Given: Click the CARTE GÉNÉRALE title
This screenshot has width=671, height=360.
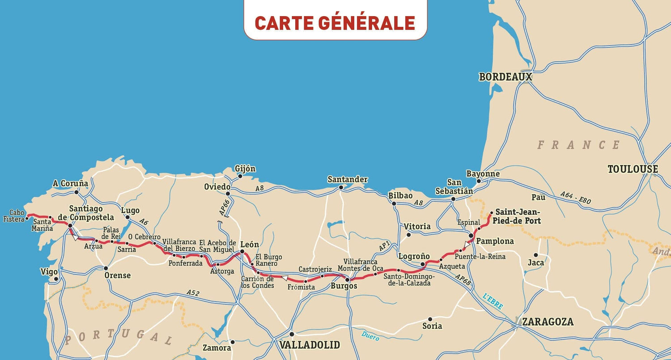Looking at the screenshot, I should point(335,23).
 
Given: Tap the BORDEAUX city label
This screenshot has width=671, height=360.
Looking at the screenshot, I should point(505,77).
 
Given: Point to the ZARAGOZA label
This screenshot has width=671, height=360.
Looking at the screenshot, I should point(548,322).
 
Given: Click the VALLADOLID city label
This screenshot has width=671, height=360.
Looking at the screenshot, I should point(310,345).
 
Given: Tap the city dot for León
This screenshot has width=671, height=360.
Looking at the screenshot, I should point(242,252).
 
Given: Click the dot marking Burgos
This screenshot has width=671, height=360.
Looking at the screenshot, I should point(347,280).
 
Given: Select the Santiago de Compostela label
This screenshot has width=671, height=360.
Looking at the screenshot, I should point(86,213).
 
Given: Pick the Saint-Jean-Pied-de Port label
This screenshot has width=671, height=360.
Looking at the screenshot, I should point(518,216).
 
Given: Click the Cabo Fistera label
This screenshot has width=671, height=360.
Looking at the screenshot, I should point(13,216).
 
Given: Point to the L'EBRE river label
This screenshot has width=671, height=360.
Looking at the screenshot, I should point(493,301).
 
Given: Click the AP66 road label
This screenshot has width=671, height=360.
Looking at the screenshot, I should point(224,208).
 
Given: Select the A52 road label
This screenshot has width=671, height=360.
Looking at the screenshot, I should point(193,293).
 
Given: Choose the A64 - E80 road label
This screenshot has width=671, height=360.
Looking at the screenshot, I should point(575,198).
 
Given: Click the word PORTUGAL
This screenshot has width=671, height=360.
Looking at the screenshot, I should point(119,336).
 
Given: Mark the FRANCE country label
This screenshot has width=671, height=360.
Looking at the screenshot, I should point(578,145).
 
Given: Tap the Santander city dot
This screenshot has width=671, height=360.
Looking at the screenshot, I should point(341,187).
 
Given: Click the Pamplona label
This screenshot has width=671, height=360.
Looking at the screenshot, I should point(495,241).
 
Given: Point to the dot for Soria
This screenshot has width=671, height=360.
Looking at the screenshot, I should point(430,319).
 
